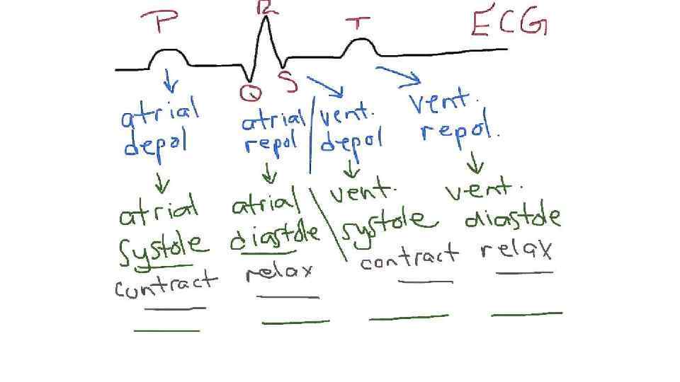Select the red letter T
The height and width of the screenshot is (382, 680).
[x=358, y=23]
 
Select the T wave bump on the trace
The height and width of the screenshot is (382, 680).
[x=360, y=47]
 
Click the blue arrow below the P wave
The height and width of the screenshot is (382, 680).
[x=170, y=81]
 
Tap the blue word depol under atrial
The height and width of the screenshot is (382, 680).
[x=154, y=144]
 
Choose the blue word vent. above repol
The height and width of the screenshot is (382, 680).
[x=439, y=104]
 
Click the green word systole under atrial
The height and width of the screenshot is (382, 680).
[x=163, y=248]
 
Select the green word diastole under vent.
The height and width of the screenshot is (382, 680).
[x=512, y=219]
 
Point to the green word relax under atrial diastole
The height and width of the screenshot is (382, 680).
[x=279, y=273]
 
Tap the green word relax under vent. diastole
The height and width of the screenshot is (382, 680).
[x=516, y=250]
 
